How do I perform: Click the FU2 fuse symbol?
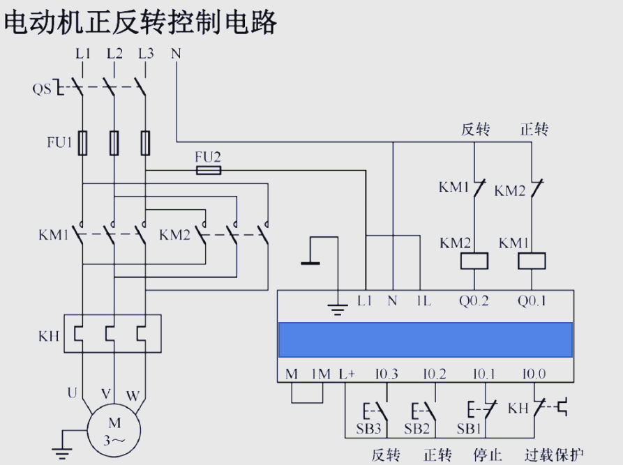(x=209, y=170)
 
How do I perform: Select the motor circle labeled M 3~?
(x=114, y=430)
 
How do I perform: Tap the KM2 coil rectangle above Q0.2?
(x=474, y=261)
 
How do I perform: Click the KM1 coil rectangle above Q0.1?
(x=532, y=261)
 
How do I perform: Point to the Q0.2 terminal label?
(x=474, y=301)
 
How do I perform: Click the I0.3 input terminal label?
(x=386, y=374)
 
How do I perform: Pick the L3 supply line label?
(x=146, y=53)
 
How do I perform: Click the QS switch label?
(x=42, y=89)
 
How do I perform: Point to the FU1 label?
(x=59, y=143)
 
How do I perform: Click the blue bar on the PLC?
(x=426, y=340)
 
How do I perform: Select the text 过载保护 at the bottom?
(x=554, y=455)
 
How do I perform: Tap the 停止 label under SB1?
(x=488, y=455)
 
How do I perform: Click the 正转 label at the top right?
(x=534, y=129)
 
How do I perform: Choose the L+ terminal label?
(x=347, y=374)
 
